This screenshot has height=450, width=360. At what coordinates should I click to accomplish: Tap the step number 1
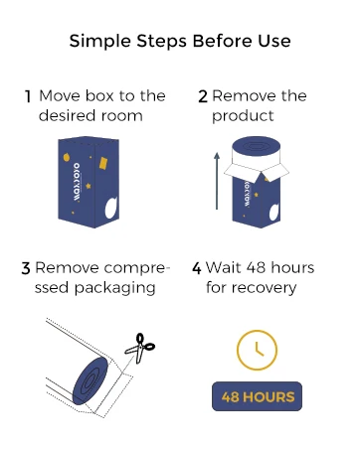click(x=28, y=96)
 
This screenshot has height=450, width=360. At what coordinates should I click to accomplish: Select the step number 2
click(x=203, y=96)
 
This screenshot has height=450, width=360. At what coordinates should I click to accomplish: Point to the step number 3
click(x=26, y=268)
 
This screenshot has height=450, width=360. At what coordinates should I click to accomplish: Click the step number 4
click(x=197, y=268)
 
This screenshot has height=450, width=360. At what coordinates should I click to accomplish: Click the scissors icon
click(x=140, y=348)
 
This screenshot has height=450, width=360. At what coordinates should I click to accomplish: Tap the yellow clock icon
click(x=257, y=350)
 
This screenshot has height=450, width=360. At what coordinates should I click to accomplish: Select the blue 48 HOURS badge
click(x=257, y=396)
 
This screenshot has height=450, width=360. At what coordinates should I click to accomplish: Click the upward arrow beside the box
click(x=217, y=181)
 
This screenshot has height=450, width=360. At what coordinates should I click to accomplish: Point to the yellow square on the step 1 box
click(x=103, y=163)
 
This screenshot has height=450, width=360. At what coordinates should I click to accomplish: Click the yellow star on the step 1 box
click(x=89, y=186)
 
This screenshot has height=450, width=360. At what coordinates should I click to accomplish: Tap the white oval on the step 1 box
click(x=111, y=208)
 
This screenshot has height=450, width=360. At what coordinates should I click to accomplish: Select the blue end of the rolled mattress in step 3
click(x=90, y=380)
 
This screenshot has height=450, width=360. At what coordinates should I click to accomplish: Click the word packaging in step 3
click(x=114, y=288)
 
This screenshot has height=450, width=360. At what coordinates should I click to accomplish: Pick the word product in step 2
click(x=243, y=116)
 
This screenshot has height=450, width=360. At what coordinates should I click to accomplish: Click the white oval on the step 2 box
click(x=274, y=212)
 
